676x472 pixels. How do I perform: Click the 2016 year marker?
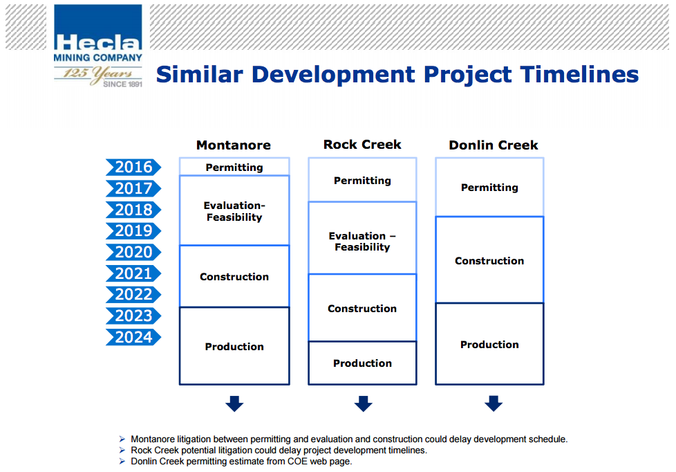[x=133, y=167]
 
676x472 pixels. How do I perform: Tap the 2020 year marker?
[x=133, y=252]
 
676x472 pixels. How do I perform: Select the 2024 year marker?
[x=133, y=337]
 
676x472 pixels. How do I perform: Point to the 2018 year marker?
[x=133, y=210]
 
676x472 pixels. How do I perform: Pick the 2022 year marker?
[x=133, y=295]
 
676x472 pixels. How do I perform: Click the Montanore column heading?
[x=234, y=145]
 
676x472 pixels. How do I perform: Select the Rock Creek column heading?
[x=362, y=144]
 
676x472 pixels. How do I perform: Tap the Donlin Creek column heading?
[x=494, y=145]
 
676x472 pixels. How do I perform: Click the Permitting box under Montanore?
[x=234, y=167]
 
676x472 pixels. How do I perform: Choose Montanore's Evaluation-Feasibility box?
[x=234, y=210]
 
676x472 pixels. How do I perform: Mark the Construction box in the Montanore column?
[x=234, y=276]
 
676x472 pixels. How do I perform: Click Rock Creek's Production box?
[x=363, y=363]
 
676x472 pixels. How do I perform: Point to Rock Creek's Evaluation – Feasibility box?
[x=363, y=238]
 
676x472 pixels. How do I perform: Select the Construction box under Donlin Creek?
[x=490, y=260]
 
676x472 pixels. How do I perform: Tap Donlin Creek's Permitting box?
[x=490, y=187]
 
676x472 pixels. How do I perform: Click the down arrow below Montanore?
[x=234, y=403]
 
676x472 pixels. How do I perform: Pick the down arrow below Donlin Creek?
[x=494, y=403]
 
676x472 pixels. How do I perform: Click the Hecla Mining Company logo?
[x=98, y=46]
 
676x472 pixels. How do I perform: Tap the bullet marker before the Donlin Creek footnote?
[x=122, y=461]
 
